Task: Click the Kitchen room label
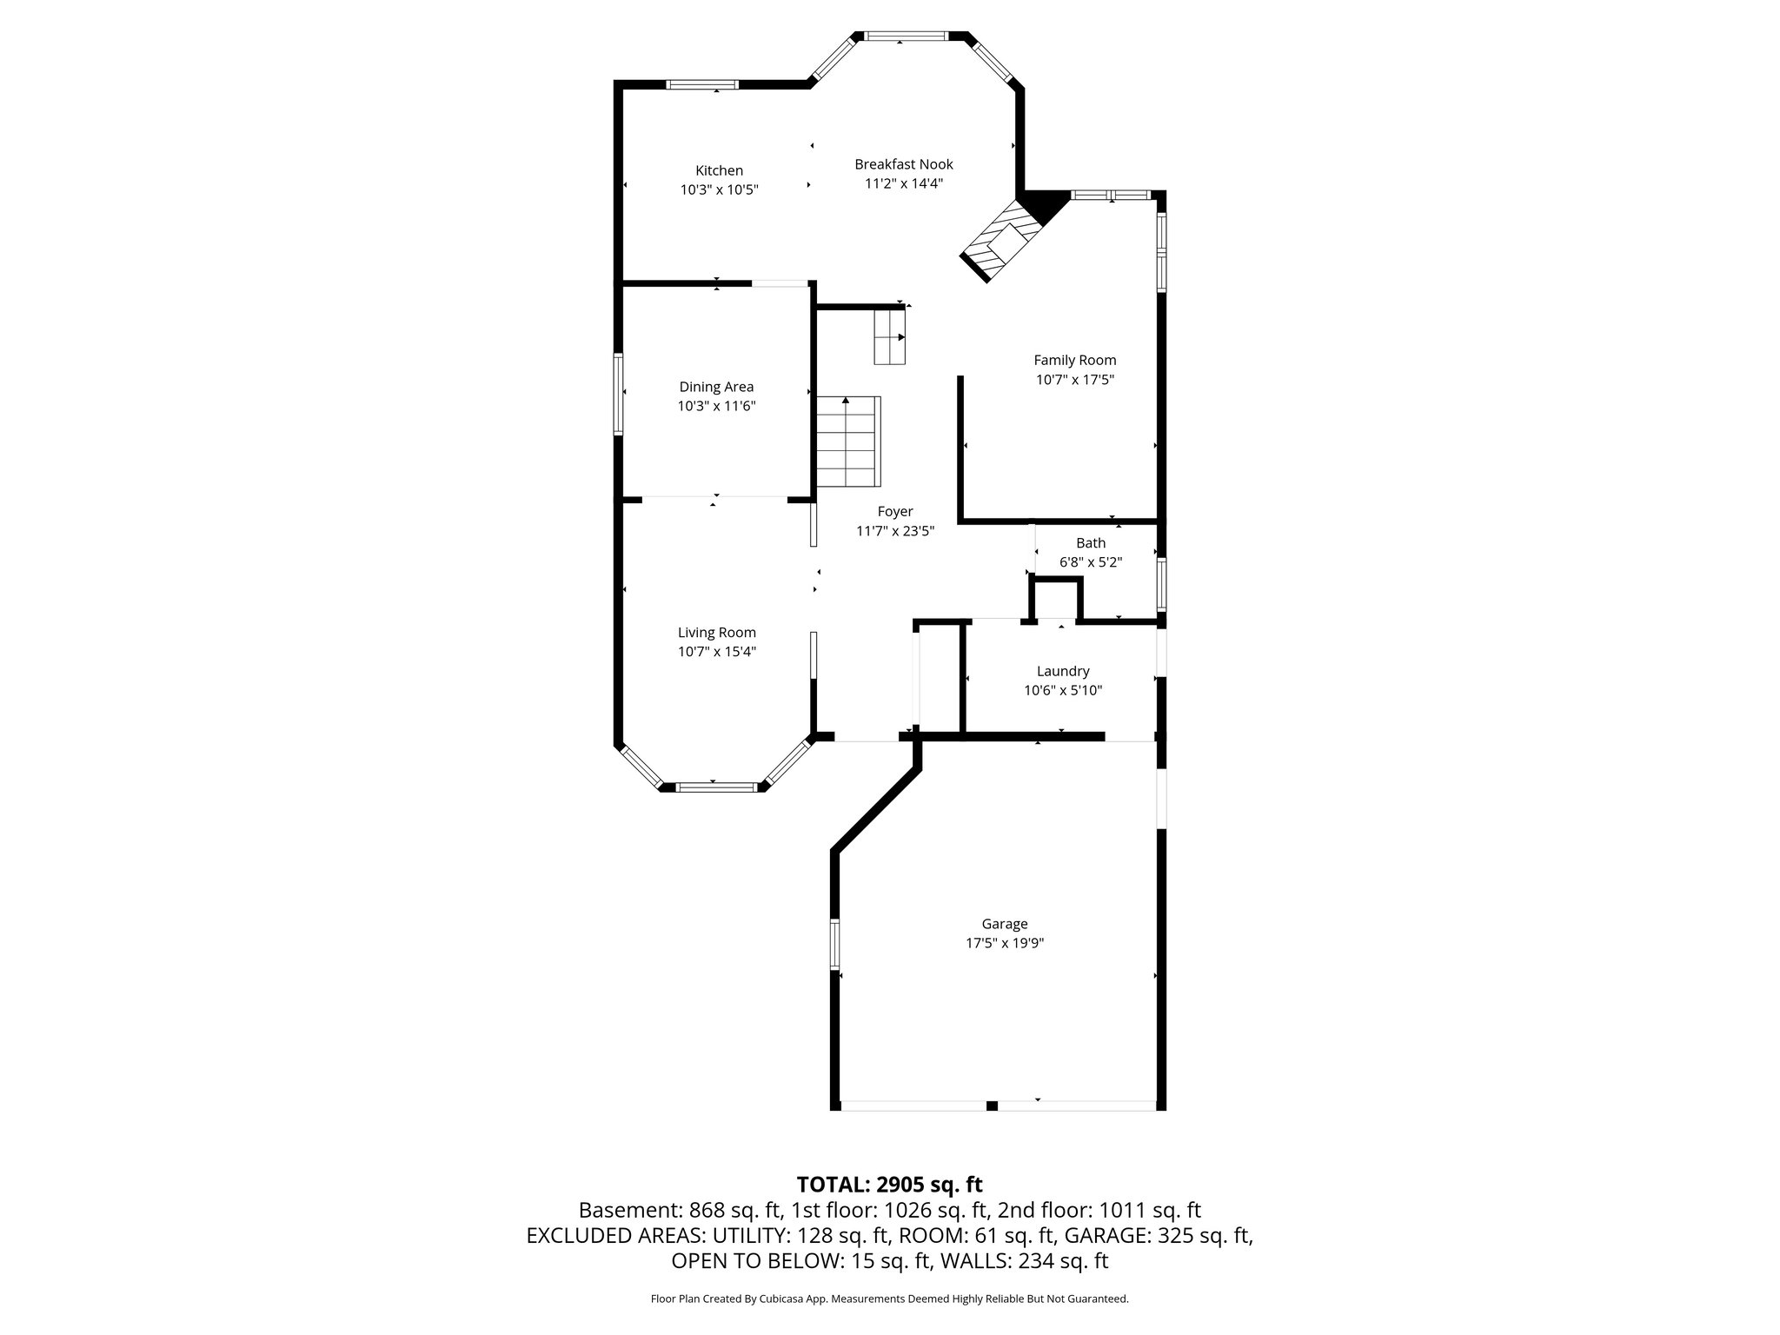click(x=719, y=170)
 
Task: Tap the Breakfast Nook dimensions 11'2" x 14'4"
click(x=903, y=183)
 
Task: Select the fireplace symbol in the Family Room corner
click(x=1000, y=241)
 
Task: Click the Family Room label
click(x=1074, y=360)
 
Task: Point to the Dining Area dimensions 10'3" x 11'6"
click(x=716, y=406)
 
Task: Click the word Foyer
click(x=894, y=512)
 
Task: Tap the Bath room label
click(x=1091, y=543)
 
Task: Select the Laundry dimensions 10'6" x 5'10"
click(x=1062, y=690)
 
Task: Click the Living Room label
click(x=716, y=633)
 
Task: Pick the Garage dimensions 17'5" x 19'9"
click(x=1004, y=943)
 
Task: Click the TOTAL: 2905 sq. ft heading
click(x=889, y=1185)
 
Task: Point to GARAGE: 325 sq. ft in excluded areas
click(x=1158, y=1235)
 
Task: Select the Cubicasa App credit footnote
click(x=889, y=1299)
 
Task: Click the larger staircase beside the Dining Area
click(x=847, y=442)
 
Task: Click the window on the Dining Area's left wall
click(x=618, y=394)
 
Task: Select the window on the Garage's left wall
click(x=834, y=944)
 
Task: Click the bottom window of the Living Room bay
click(x=716, y=787)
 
